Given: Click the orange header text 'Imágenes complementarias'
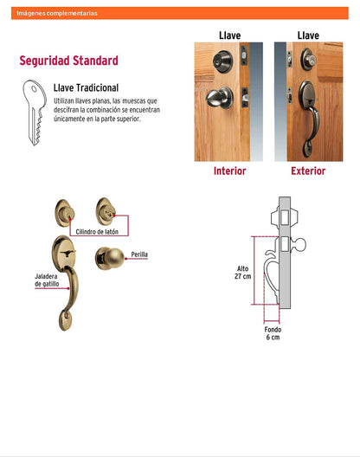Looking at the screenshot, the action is (x=57, y=13).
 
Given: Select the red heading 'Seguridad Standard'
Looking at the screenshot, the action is (x=68, y=61).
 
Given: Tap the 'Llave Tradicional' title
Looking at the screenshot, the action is (x=86, y=87).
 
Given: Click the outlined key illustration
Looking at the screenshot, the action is (x=35, y=113).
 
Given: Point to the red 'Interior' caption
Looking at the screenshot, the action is (x=229, y=171).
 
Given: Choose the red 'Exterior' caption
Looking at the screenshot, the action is (x=308, y=171).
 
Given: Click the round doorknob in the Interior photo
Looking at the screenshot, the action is (x=219, y=97).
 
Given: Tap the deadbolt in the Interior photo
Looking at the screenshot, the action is (x=222, y=61).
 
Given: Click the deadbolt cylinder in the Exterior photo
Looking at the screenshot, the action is (x=309, y=60).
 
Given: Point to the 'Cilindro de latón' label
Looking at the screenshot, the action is (x=97, y=232).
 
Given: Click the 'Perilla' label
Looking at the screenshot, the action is (x=139, y=254).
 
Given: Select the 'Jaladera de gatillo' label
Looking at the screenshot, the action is (x=47, y=280).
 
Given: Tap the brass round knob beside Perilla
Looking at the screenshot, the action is (x=110, y=258).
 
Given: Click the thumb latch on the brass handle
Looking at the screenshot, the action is (x=67, y=253).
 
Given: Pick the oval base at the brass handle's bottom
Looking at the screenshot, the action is (x=65, y=320).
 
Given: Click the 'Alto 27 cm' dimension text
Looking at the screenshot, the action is (x=243, y=273).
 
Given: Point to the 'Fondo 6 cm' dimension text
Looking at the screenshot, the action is (x=273, y=333).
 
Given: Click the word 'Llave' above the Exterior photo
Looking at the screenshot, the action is (x=308, y=35).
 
